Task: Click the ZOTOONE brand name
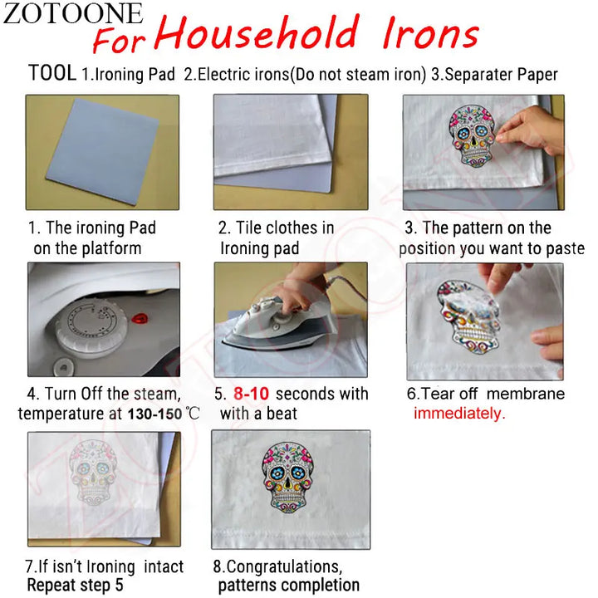coord(73,13)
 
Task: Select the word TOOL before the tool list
coord(52,73)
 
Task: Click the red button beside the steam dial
coord(142,317)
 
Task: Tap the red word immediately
coord(458,414)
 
